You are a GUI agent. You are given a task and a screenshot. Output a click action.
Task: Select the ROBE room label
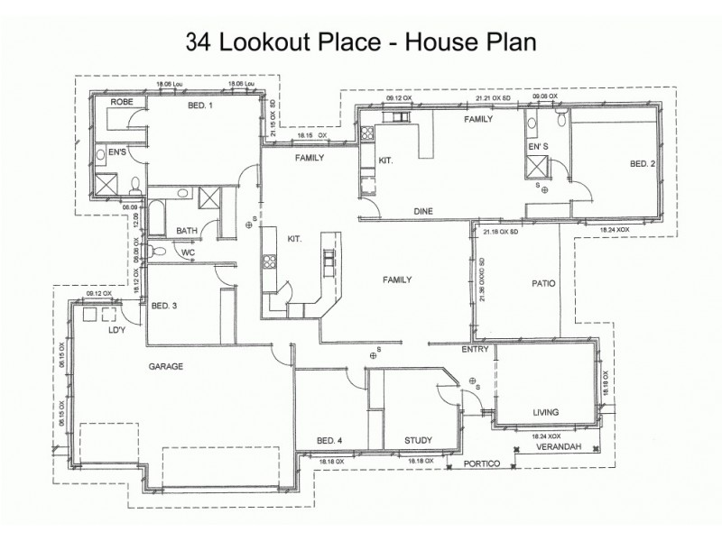point(122,103)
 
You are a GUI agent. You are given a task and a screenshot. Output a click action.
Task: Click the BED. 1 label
point(199,105)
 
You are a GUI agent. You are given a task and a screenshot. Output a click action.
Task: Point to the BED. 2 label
point(642,163)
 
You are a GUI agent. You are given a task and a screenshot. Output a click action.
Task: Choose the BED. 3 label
point(163,306)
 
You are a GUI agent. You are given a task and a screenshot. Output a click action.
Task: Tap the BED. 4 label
point(329,440)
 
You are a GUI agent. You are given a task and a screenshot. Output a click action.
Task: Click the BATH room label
point(187,230)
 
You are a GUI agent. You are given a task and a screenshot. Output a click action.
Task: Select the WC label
point(189,252)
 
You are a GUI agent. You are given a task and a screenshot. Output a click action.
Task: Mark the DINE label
point(424,211)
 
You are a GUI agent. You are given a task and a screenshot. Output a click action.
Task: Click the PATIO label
point(542,283)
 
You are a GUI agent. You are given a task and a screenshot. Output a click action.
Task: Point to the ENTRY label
point(475,349)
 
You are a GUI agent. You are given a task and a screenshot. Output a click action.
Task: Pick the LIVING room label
point(545,412)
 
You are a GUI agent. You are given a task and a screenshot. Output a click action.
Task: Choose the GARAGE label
point(166,367)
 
